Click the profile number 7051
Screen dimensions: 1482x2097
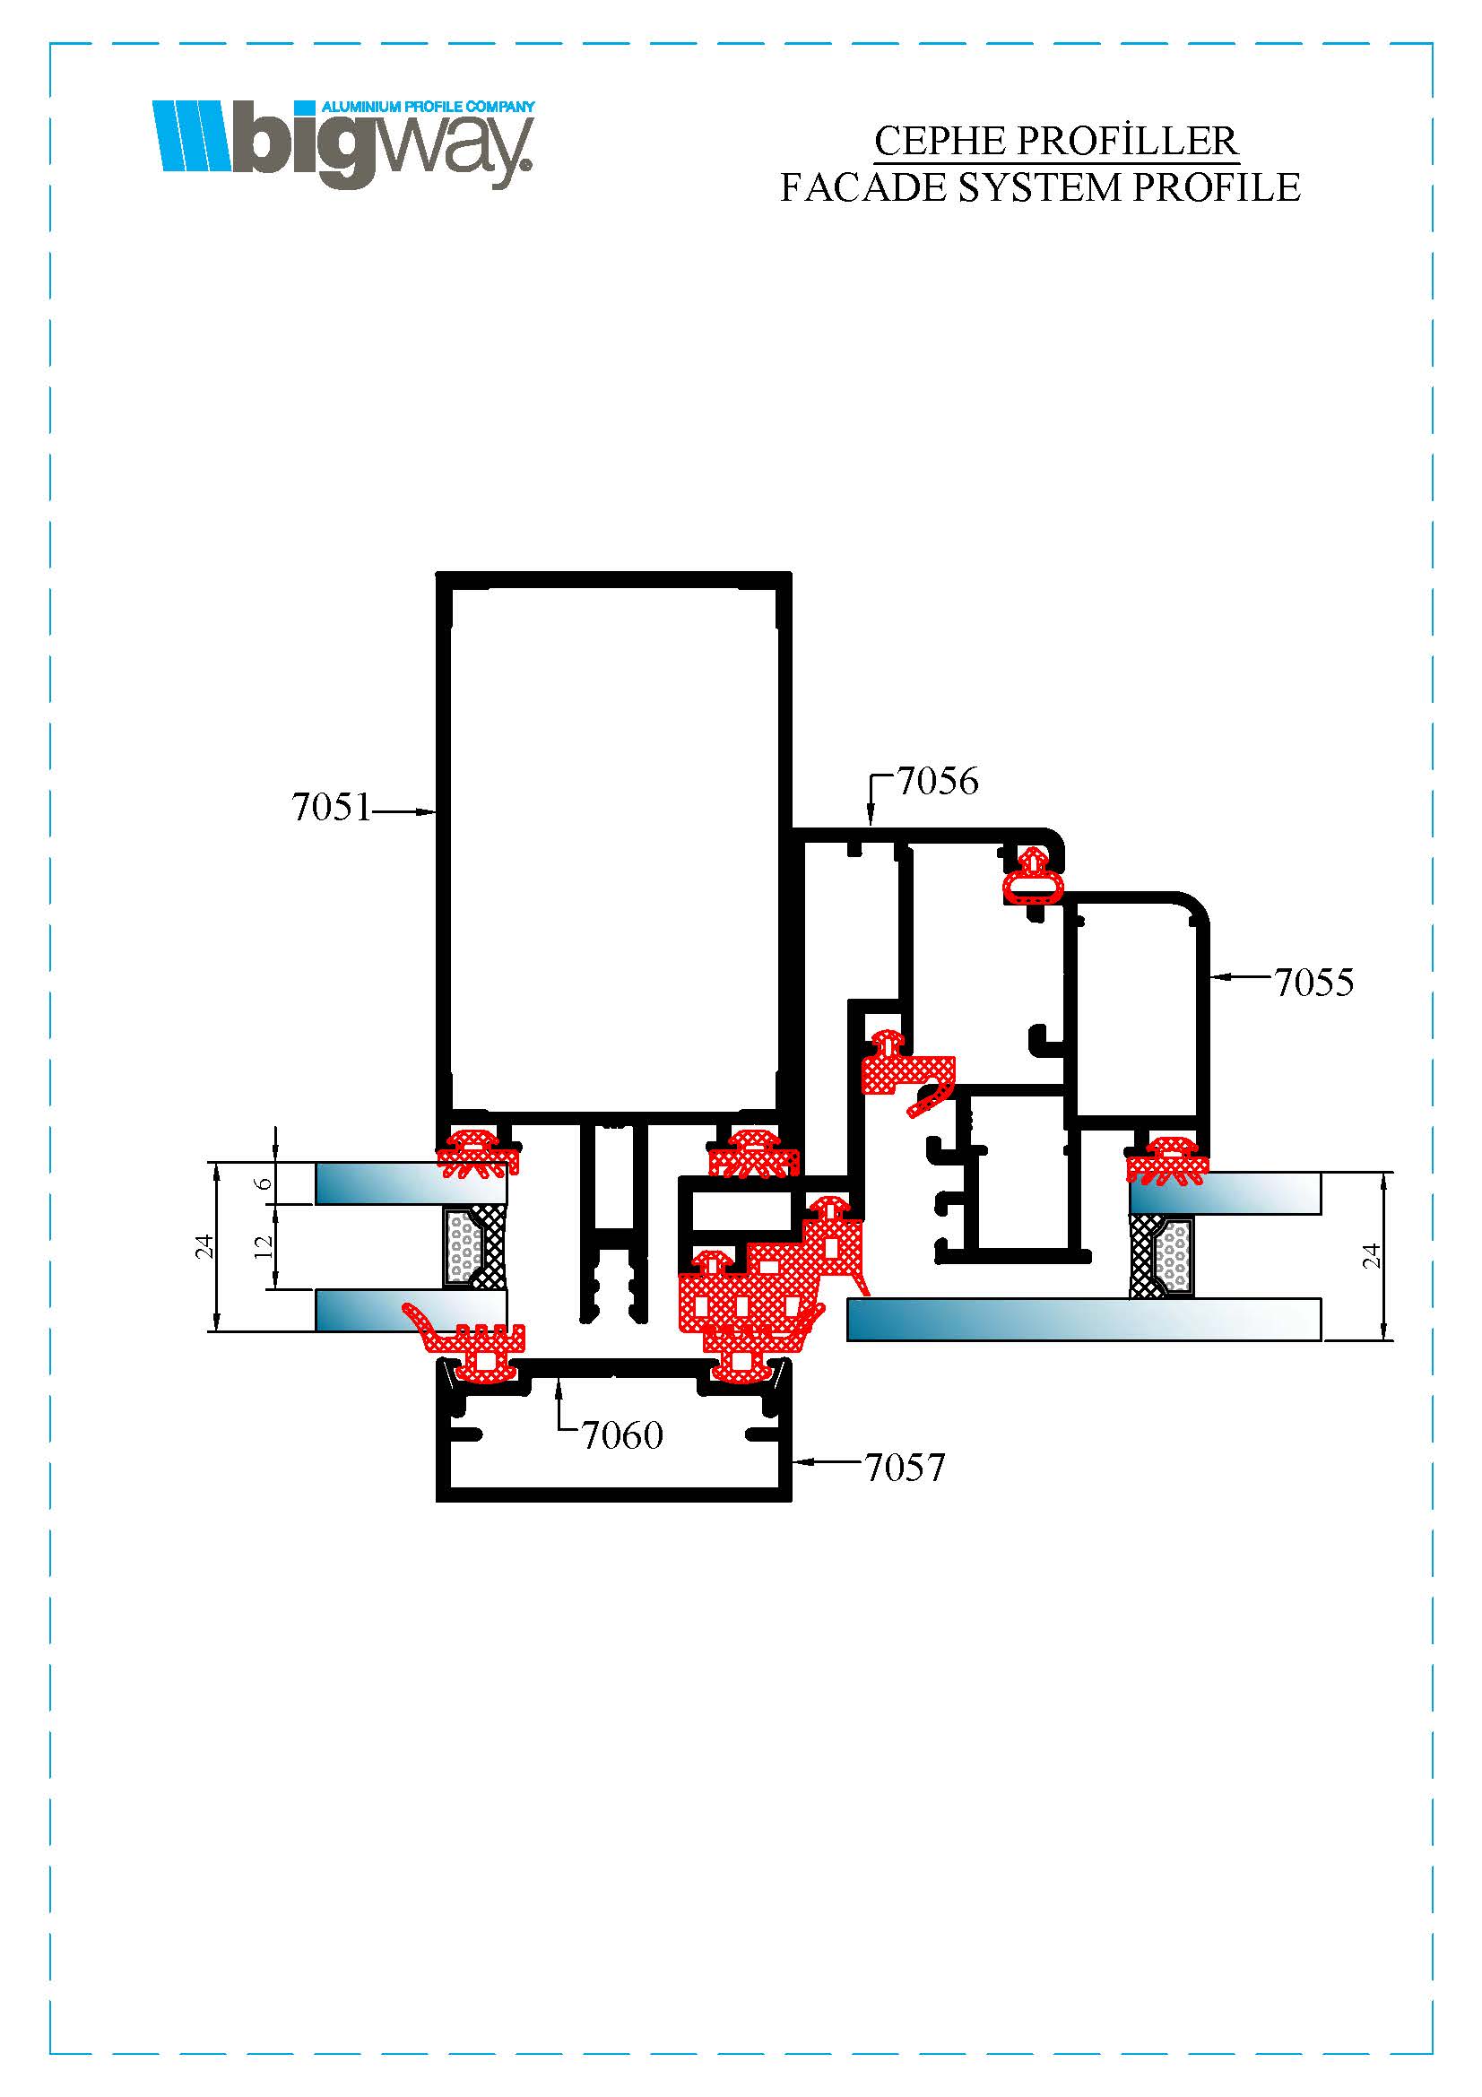pos(332,809)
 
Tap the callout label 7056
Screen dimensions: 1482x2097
pos(938,782)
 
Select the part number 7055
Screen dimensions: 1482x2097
pos(1314,984)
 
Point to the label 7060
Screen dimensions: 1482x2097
pos(623,1436)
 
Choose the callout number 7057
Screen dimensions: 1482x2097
pos(905,1469)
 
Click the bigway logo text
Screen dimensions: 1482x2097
pos(381,146)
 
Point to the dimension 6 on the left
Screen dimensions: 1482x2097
pos(264,1183)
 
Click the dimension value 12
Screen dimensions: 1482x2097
pos(264,1247)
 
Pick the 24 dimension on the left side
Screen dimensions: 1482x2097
pos(204,1247)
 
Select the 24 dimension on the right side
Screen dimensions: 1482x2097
pos(1372,1257)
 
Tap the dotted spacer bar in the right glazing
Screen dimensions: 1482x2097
pos(1173,1253)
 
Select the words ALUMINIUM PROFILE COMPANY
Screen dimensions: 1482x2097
pos(428,107)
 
